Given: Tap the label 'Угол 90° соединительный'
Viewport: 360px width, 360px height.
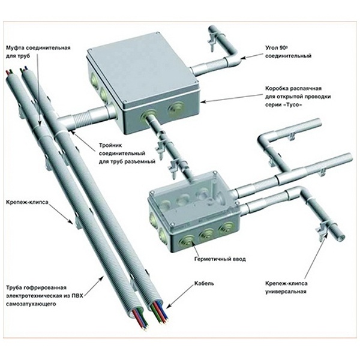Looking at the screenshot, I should coord(287,51).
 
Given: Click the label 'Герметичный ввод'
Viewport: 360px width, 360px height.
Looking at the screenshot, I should coord(212,259).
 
